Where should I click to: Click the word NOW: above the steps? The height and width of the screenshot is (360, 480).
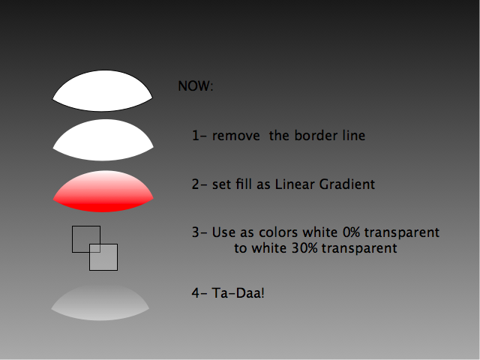pos(195,86)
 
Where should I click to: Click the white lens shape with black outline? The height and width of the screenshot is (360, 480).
pos(103,91)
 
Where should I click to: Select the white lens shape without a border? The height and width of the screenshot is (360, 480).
pos(103,140)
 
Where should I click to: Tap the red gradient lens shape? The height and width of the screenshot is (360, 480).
pos(103,191)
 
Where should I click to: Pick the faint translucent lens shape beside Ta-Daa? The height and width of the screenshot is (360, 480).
pos(100,302)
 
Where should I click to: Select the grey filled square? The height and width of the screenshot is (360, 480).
pos(103,257)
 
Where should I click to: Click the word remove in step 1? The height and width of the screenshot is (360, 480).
pos(236,136)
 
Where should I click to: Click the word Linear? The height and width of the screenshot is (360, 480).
pos(295,184)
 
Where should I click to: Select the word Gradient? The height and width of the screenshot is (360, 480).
pos(347,184)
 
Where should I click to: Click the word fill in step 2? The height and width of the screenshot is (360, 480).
pos(244,184)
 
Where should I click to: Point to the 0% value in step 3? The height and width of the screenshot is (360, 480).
pos(352,232)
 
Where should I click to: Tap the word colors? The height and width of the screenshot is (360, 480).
pos(278,232)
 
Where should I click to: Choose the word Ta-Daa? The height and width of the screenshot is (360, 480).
pos(238,293)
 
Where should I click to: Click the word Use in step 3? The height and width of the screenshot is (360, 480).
pos(223,232)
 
